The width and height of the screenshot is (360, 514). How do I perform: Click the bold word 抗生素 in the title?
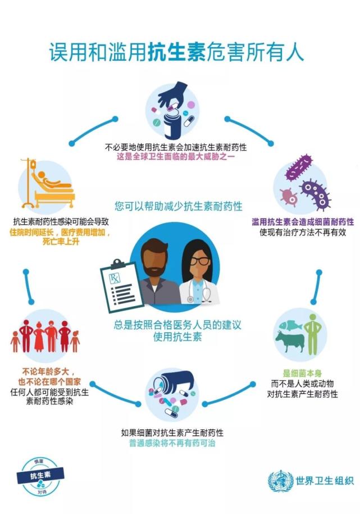[177, 52]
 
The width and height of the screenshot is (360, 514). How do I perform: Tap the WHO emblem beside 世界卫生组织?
[280, 481]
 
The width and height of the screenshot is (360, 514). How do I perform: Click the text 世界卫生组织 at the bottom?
[325, 481]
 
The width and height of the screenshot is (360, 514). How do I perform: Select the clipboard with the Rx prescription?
[122, 286]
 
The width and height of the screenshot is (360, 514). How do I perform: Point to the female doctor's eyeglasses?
[199, 261]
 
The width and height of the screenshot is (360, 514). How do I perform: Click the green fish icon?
[290, 325]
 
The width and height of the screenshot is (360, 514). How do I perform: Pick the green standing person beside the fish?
[312, 334]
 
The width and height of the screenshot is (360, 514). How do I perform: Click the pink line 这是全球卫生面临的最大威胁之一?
[176, 156]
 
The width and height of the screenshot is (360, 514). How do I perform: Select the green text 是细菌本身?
[302, 374]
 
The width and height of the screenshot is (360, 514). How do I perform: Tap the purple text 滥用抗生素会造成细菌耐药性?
[303, 222]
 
